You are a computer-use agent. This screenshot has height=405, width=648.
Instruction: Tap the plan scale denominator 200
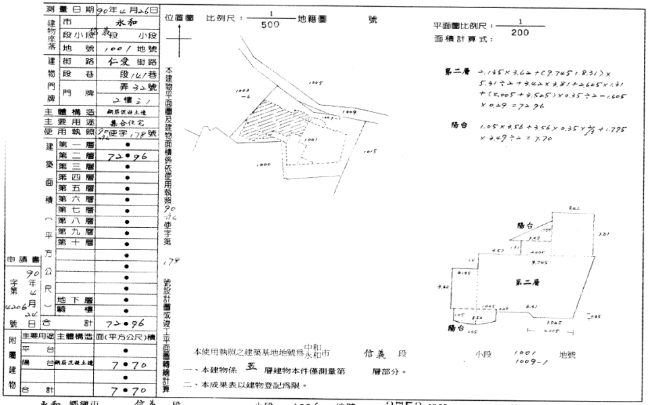point(520,32)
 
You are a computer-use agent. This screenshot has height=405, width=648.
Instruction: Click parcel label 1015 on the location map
point(369,151)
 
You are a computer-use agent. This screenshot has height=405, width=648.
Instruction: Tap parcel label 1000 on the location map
point(264,164)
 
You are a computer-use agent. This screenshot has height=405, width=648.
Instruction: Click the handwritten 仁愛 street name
point(122,59)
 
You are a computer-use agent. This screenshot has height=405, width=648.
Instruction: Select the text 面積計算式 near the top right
point(463,39)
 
